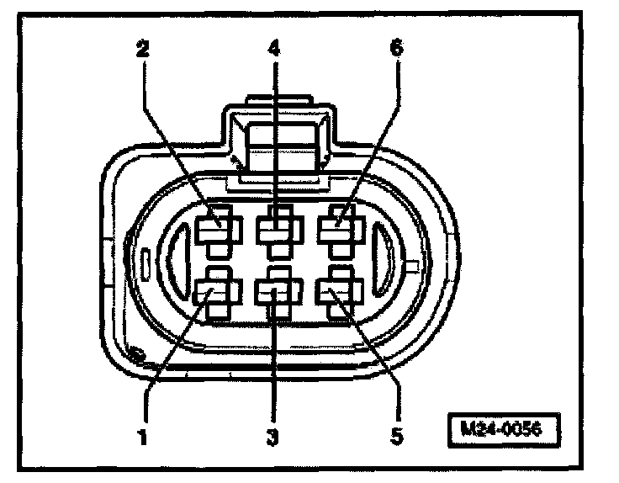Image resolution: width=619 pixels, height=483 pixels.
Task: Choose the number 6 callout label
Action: [x=395, y=49]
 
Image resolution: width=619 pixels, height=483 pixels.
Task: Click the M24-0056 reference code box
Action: [x=503, y=427]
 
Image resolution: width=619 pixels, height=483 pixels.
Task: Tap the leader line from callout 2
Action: [x=177, y=135]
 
